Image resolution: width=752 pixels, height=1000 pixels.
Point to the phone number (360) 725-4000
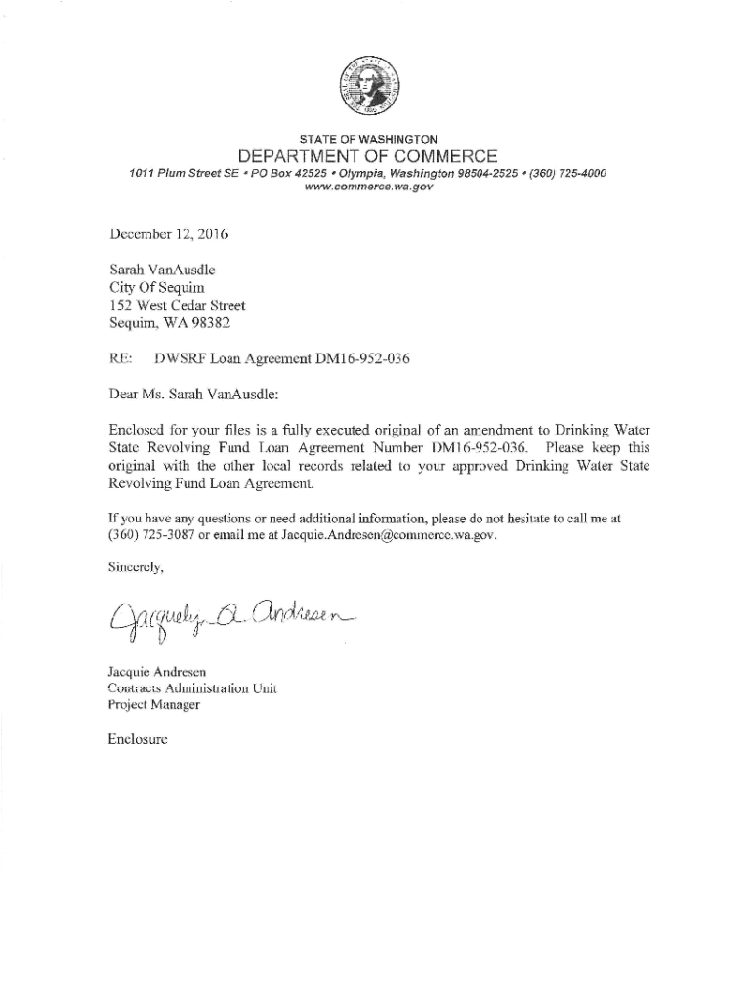(x=562, y=173)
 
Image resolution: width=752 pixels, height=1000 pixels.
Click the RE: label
(x=121, y=359)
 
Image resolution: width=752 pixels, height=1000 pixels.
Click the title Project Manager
(x=154, y=704)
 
